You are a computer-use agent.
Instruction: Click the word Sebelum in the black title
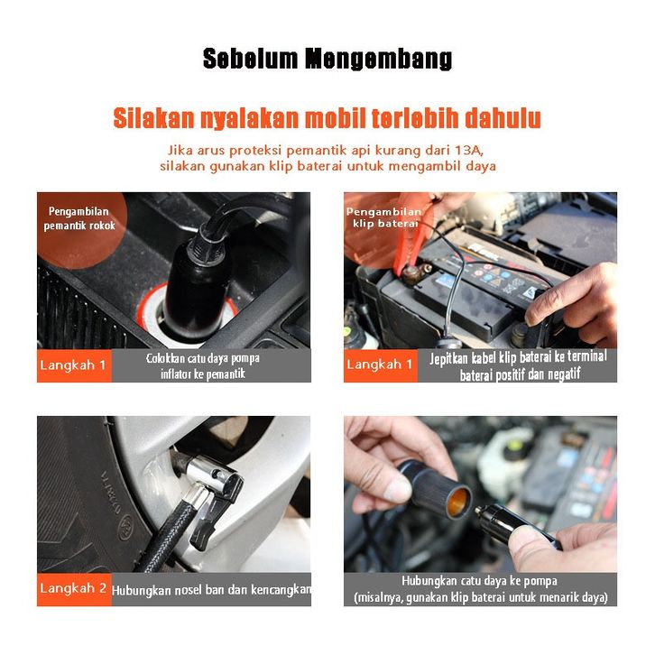pyautogui.click(x=250, y=59)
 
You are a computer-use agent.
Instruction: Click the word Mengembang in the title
pyautogui.click(x=378, y=59)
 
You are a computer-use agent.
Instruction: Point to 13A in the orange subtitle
pyautogui.click(x=469, y=150)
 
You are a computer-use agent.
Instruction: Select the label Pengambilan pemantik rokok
pyautogui.click(x=79, y=218)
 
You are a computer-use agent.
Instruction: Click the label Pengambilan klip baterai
pyautogui.click(x=383, y=217)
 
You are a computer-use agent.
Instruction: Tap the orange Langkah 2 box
pyautogui.click(x=74, y=589)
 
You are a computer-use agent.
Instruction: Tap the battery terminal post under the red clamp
pyautogui.click(x=414, y=275)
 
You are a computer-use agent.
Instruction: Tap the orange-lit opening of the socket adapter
pyautogui.click(x=457, y=502)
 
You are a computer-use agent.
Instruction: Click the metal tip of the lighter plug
pyautogui.click(x=479, y=510)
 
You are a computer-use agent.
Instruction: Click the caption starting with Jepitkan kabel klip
pyautogui.click(x=519, y=365)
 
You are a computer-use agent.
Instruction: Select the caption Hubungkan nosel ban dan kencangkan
pyautogui.click(x=211, y=590)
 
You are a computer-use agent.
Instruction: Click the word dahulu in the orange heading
pyautogui.click(x=503, y=118)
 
